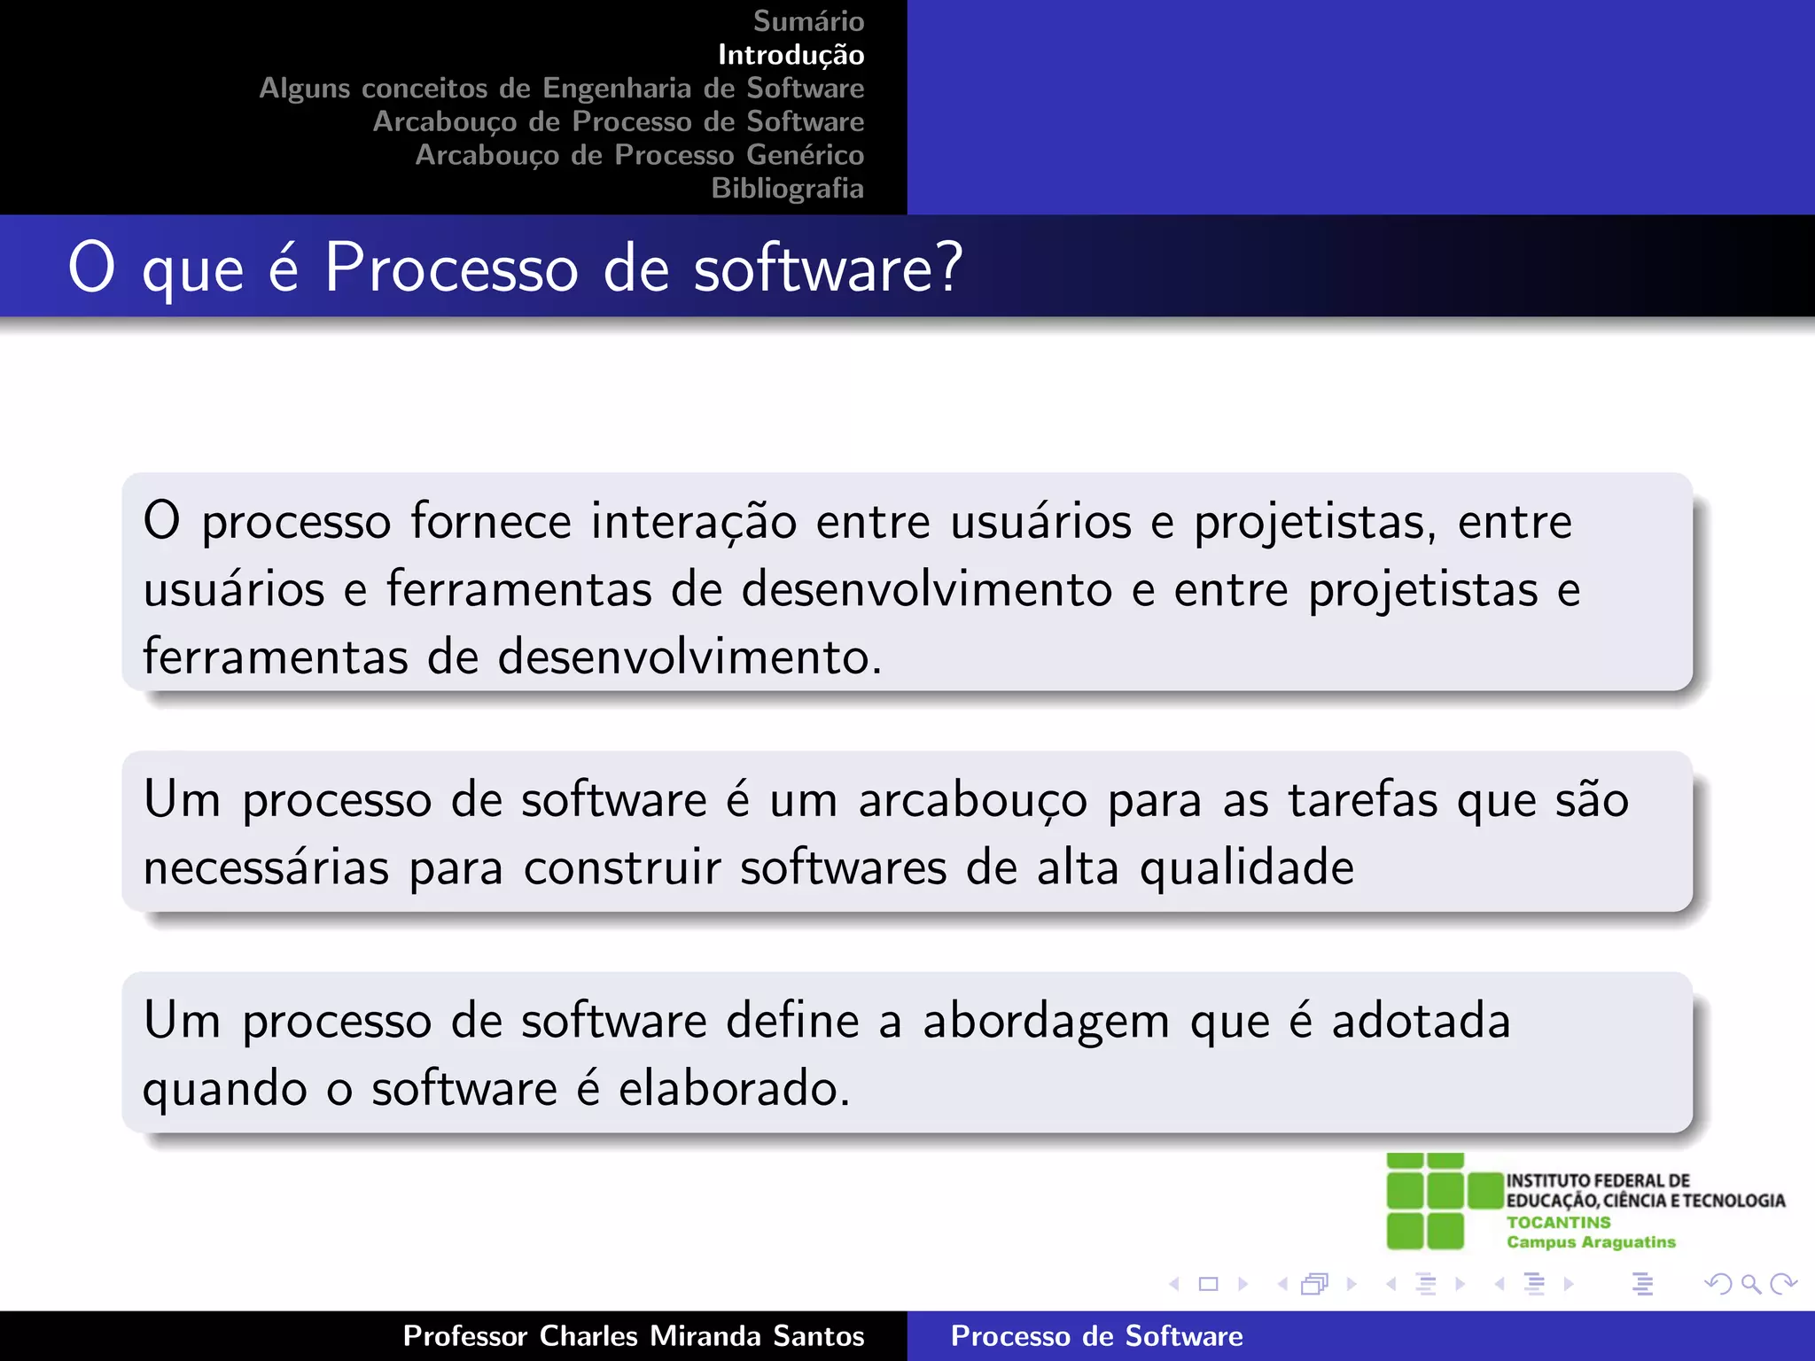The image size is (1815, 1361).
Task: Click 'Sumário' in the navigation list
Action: click(808, 21)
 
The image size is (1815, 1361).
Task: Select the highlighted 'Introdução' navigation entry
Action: click(791, 55)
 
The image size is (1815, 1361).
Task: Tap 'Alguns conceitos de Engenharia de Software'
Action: click(561, 89)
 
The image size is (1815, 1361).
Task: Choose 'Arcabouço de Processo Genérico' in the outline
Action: click(639, 155)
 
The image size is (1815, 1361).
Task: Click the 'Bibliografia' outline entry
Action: click(787, 189)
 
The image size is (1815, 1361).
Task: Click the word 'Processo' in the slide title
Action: click(451, 268)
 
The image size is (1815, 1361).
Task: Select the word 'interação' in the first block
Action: click(694, 521)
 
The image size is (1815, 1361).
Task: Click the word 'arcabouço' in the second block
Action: click(972, 801)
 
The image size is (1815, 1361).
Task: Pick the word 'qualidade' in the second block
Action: click(1247, 868)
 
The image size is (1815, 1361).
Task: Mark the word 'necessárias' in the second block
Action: click(266, 868)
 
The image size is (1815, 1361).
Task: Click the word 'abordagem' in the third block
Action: click(1046, 1023)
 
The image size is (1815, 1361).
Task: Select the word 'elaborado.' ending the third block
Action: click(734, 1089)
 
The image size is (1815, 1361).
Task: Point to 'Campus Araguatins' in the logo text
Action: click(1591, 1242)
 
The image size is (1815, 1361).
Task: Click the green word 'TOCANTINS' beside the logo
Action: click(1558, 1222)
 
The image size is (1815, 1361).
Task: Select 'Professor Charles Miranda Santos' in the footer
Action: click(633, 1336)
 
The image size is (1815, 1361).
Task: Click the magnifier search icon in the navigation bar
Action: click(1750, 1284)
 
